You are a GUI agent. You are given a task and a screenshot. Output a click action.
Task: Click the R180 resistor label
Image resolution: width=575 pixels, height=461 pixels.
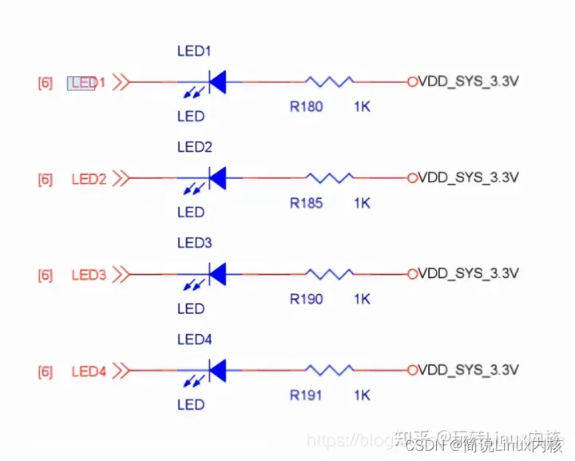tap(306, 106)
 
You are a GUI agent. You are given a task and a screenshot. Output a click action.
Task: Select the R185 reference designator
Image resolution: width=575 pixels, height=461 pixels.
tap(306, 203)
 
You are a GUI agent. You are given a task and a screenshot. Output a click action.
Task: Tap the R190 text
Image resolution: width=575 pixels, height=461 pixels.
tap(306, 300)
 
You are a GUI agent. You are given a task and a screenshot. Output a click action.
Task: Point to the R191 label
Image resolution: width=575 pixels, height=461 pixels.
tap(306, 395)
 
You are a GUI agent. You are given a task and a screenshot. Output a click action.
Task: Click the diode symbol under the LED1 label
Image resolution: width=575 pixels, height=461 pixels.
tap(216, 81)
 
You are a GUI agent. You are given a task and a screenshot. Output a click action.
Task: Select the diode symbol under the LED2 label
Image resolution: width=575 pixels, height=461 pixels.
tap(216, 177)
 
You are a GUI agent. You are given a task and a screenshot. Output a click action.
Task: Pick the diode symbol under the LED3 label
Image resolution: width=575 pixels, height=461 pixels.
tap(216, 274)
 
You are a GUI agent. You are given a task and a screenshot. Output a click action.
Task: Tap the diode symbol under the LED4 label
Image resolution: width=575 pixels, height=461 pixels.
tap(216, 370)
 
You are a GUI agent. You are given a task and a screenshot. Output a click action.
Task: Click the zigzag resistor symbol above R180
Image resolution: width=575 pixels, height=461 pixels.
tap(330, 81)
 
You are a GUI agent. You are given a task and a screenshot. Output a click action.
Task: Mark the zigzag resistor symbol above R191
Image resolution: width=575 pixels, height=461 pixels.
tap(330, 370)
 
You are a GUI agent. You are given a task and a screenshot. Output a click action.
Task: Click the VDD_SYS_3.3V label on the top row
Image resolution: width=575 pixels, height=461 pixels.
tap(469, 81)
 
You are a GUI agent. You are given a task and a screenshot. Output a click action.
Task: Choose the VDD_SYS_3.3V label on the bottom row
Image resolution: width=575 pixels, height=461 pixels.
tap(469, 370)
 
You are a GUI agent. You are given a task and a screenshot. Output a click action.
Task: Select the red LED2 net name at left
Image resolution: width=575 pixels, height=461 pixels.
tap(89, 179)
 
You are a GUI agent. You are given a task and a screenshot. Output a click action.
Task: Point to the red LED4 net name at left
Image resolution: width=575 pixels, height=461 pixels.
tap(89, 372)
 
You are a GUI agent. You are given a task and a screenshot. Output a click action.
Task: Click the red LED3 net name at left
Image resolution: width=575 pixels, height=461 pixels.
tap(89, 276)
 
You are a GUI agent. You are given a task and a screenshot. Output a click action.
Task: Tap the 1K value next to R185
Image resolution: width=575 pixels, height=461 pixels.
tap(362, 203)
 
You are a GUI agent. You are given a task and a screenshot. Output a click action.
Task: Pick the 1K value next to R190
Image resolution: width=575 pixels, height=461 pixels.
tap(362, 300)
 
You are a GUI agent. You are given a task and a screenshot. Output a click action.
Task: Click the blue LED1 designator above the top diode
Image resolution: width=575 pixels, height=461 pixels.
tap(194, 51)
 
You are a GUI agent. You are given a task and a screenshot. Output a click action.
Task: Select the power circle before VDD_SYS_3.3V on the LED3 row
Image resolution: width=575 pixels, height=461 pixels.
tap(413, 273)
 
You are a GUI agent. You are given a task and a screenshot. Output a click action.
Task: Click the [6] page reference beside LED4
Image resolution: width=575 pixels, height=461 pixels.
tap(46, 372)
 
